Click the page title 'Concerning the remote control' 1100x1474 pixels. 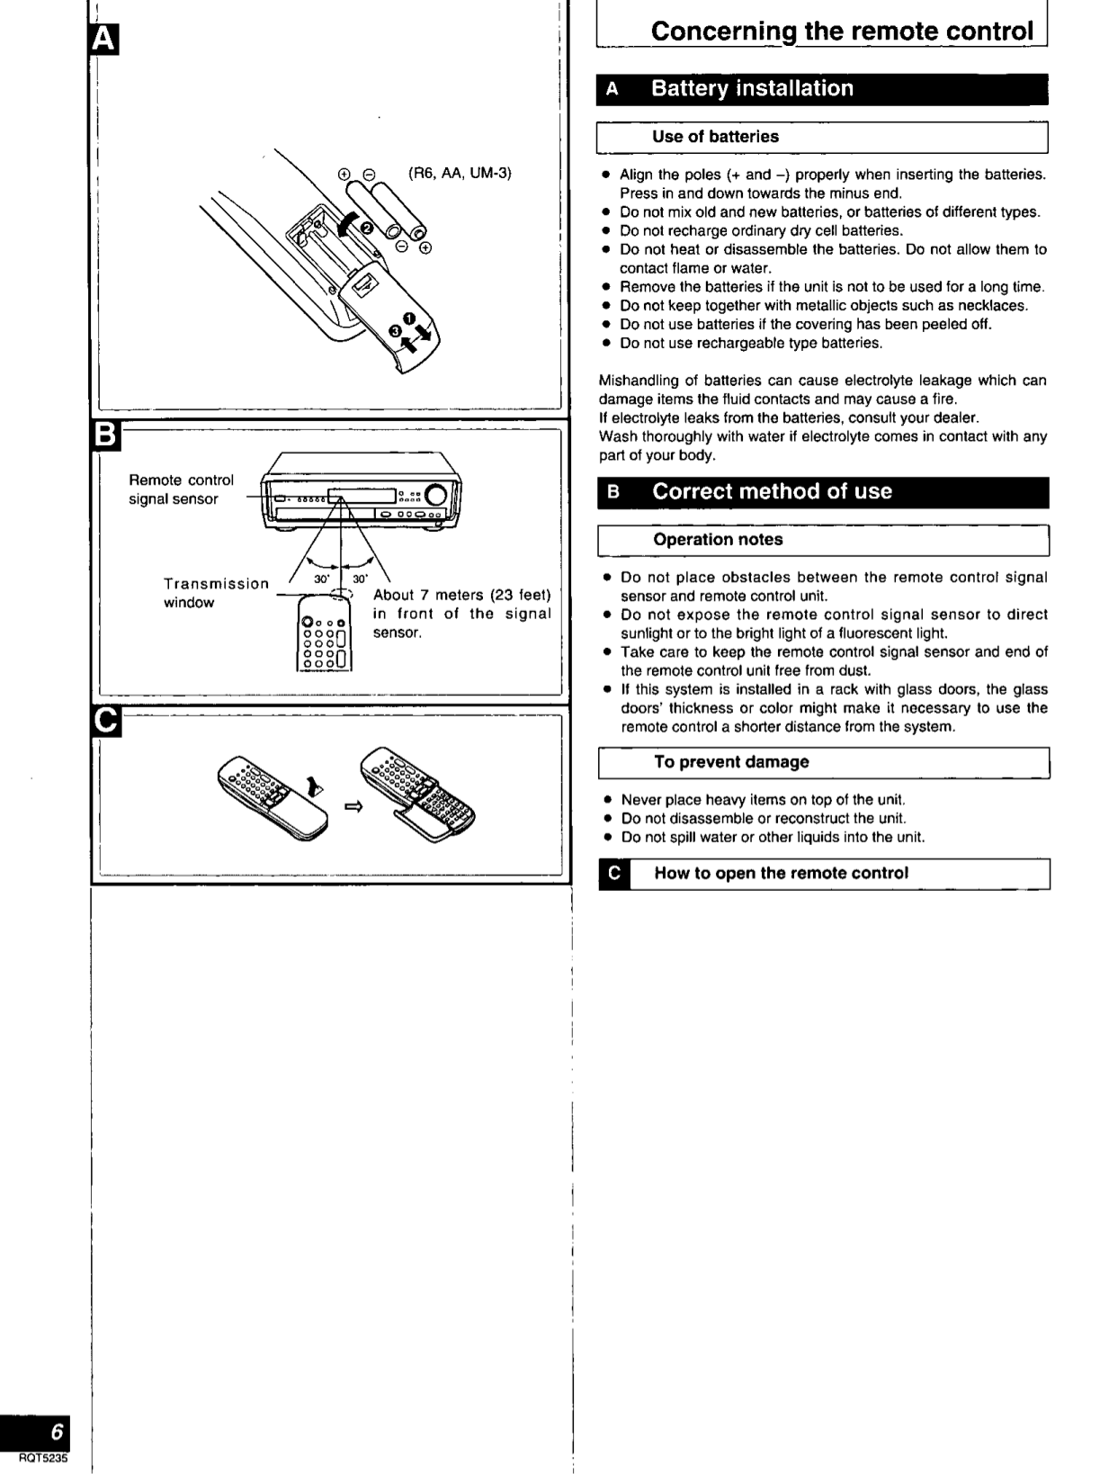tap(842, 31)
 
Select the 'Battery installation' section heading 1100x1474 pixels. tap(752, 88)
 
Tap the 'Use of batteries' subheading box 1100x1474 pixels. tap(715, 137)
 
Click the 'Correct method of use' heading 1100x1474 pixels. tap(772, 491)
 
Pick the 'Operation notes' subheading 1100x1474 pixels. tap(718, 540)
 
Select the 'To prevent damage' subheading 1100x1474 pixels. tap(731, 762)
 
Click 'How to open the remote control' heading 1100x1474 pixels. tap(781, 873)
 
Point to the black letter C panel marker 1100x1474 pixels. tap(105, 722)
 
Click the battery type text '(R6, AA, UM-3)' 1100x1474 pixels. tap(460, 173)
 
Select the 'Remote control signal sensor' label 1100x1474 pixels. tap(180, 490)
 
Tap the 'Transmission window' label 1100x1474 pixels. tap(215, 592)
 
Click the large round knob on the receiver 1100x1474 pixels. tap(436, 495)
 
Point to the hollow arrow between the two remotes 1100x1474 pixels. tap(353, 807)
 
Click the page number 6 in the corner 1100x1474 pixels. tap(57, 1431)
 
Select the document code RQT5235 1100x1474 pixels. tap(42, 1459)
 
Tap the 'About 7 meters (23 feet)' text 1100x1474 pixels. tap(461, 595)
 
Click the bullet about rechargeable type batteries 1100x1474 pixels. tap(751, 343)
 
